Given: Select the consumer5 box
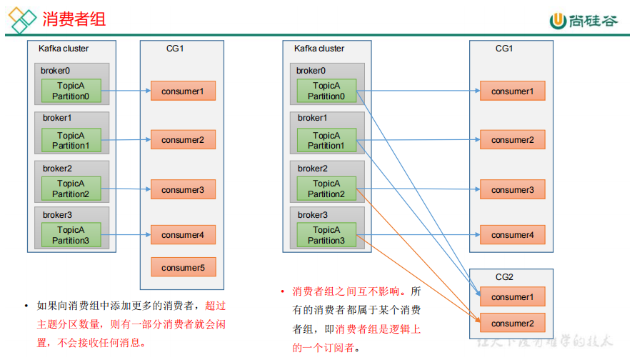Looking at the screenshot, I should tap(183, 268).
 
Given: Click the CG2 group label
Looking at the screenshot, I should tap(504, 277).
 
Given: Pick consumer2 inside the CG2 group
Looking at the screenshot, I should tap(512, 324).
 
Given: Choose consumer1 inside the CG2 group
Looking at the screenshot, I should tap(512, 297).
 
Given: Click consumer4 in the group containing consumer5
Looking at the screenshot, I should tap(183, 235).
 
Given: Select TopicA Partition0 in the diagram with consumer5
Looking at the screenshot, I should tap(71, 91).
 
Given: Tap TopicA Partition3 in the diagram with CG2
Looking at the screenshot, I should tap(326, 236).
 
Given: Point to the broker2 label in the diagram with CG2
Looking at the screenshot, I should tap(313, 169).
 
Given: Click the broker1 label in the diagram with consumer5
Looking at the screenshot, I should tap(57, 118).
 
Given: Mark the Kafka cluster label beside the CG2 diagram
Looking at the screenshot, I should tap(319, 49).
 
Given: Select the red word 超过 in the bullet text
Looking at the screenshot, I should tap(216, 306).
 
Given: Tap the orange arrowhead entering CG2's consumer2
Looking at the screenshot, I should tap(477, 321).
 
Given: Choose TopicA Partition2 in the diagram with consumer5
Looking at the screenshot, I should tap(71, 189).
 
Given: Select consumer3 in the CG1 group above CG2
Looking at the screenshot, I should tap(512, 190).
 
